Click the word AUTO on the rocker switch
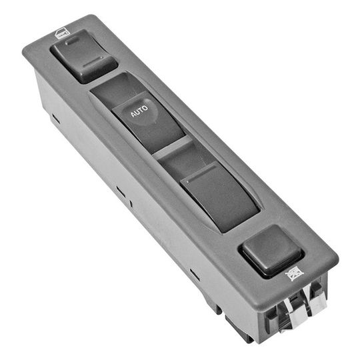coord(139,111)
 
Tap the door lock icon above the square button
coord(62,33)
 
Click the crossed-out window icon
coord(293,274)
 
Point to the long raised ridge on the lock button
coord(93,62)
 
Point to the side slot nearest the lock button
coord(55,119)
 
